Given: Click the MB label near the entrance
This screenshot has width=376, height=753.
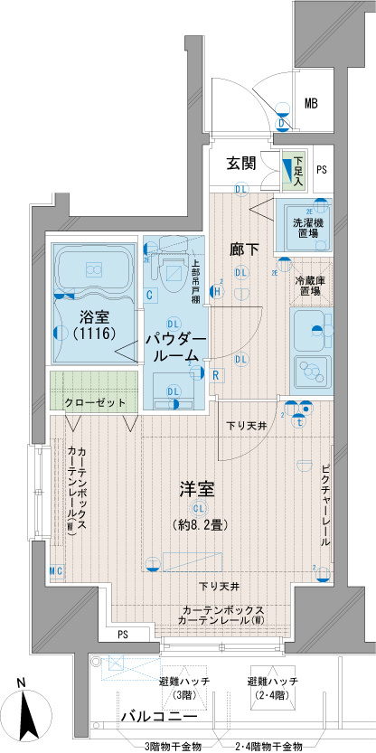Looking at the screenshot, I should (x=311, y=102).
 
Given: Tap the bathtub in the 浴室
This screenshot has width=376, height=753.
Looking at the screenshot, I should (x=93, y=268).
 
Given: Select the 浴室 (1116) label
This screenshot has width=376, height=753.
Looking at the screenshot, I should (x=93, y=325).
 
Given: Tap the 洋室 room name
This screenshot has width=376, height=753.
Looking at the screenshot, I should (x=194, y=490).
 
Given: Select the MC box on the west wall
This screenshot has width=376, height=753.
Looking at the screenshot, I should (x=55, y=570).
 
